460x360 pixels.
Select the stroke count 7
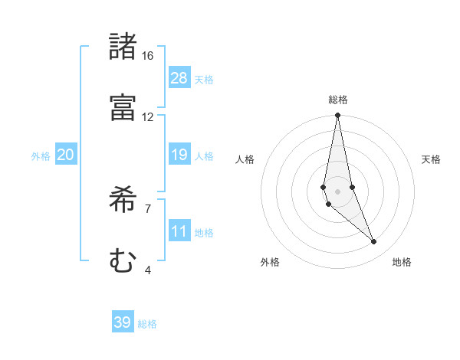point(147,208)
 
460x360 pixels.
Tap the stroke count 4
point(147,270)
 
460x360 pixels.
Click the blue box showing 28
point(179,78)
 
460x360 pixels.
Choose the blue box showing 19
point(179,155)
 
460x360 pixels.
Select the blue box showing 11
point(179,231)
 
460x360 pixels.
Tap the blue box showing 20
point(66,155)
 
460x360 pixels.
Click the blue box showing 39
point(123,322)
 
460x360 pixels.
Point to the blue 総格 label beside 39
point(147,324)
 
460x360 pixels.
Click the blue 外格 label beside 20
point(41,156)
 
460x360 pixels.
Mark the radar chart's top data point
point(337,116)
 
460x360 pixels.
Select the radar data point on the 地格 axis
point(374,242)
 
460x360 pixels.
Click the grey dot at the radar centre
point(337,191)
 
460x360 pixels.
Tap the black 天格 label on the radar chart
point(432,159)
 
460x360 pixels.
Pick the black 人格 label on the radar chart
point(245,159)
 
